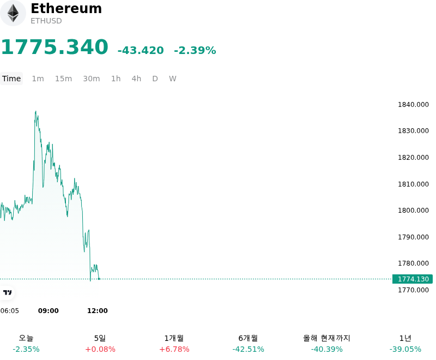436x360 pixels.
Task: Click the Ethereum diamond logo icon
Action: coord(13,13)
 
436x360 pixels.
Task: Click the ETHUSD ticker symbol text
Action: coord(46,21)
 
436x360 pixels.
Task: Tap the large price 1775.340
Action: coord(55,47)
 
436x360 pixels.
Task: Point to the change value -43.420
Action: coord(141,50)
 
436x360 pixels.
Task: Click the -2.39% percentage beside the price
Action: coord(195,50)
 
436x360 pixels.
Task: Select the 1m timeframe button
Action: coord(38,79)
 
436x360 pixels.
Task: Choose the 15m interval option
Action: coord(63,79)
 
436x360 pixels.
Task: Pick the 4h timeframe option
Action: coord(136,79)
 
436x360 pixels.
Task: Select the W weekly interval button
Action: coord(172,79)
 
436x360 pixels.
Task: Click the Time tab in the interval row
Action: coord(11,79)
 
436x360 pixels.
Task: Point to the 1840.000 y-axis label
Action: coord(413,105)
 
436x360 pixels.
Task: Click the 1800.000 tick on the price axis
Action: coord(413,211)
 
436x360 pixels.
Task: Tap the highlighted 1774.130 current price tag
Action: coord(413,279)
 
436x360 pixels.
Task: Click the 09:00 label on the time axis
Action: coord(49,311)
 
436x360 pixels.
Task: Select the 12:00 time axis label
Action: coord(98,311)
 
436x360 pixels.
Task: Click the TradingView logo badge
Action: coord(7,293)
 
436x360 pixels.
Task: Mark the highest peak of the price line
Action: coord(35,111)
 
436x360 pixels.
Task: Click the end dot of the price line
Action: coord(99,279)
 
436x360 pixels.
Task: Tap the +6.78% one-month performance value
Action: coord(174,349)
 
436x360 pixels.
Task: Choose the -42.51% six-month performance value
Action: coord(249,349)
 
